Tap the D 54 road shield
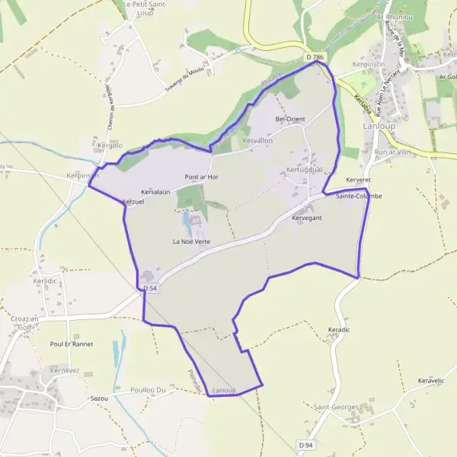pos(150,288)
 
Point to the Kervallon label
pos(257,142)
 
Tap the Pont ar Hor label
pos(201,177)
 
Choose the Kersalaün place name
pos(155,192)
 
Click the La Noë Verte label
pos(190,241)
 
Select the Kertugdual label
pos(305,169)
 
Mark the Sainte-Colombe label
pos(359,197)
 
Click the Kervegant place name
pos(307,218)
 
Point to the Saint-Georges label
pos(336,407)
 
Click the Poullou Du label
pos(148,389)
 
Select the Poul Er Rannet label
pos(71,344)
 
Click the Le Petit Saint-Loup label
pos(145,8)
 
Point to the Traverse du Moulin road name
pos(186,84)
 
